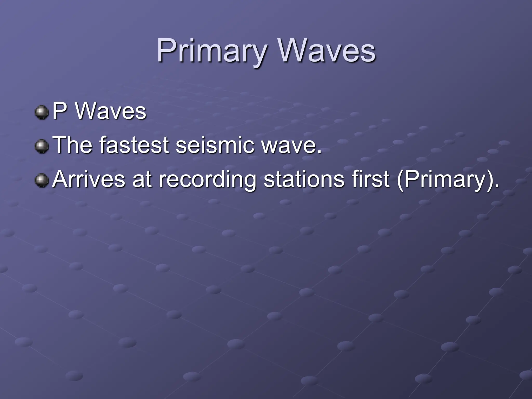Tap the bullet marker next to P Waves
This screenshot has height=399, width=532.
pos(42,112)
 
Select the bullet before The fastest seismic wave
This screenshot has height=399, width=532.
pos(42,146)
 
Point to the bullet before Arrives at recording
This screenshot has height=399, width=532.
pos(42,180)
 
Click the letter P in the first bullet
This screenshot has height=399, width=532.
pos(59,111)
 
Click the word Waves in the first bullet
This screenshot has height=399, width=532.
pos(110,111)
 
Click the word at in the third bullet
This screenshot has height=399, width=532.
pos(142,179)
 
